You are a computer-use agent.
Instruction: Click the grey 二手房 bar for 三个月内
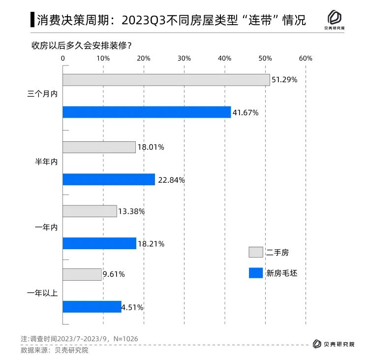166,80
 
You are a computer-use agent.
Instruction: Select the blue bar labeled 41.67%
147,112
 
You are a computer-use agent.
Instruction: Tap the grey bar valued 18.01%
99,147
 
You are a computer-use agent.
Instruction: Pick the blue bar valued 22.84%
109,180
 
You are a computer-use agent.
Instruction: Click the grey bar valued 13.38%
90,211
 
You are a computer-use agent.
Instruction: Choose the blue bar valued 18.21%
99,243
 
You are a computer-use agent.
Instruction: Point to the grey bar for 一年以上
82,274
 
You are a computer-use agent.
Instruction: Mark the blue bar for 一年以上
92,307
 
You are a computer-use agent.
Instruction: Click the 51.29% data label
285,80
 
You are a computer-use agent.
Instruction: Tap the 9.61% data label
114,274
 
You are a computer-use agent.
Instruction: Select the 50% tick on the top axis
265,59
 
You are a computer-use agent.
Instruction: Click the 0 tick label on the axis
63,59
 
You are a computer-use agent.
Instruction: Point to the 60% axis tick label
306,59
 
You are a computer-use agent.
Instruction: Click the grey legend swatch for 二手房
256,252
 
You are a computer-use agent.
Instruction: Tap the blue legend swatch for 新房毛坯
256,272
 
